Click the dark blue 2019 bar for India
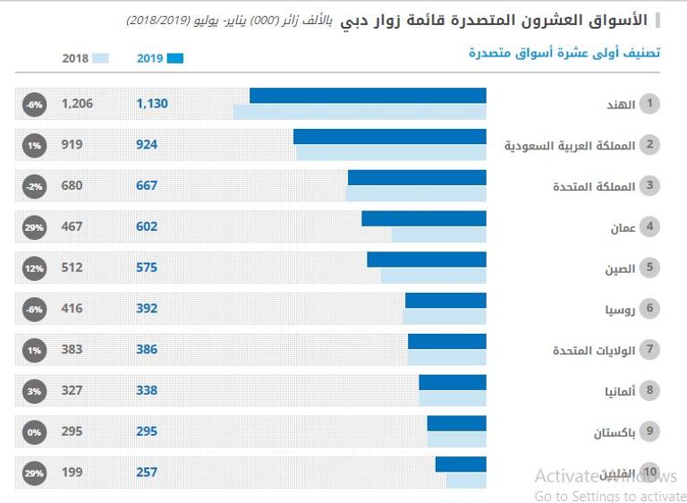click(x=368, y=96)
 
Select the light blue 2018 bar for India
click(x=360, y=112)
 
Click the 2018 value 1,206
click(x=77, y=104)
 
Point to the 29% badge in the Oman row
click(x=34, y=227)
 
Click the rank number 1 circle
click(x=650, y=105)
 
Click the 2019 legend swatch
click(x=174, y=58)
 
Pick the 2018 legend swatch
click(x=100, y=58)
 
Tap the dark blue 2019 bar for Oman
click(x=424, y=218)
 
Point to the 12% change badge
click(x=34, y=269)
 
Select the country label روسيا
click(x=620, y=310)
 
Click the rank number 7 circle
click(x=650, y=350)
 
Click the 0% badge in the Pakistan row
click(x=34, y=432)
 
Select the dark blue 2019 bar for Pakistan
click(x=456, y=423)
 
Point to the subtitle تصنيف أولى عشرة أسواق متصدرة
click(x=564, y=53)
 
